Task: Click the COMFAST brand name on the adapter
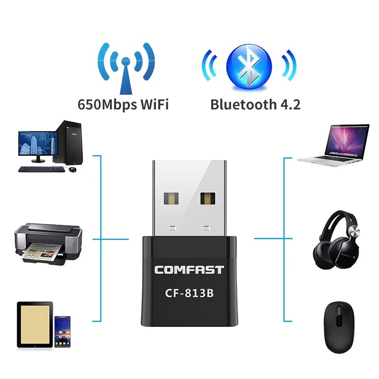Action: pyautogui.click(x=189, y=271)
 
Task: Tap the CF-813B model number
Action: pyautogui.click(x=189, y=294)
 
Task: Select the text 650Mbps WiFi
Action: pyautogui.click(x=123, y=104)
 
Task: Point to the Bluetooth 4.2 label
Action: pyautogui.click(x=255, y=104)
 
